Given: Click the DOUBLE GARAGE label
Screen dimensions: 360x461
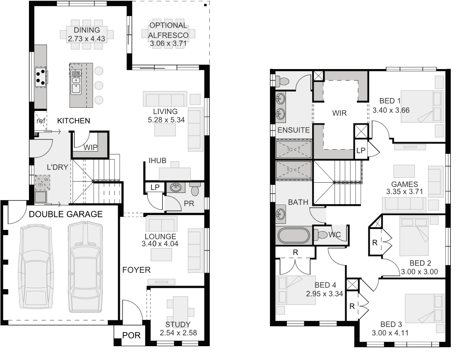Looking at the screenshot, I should (65, 214).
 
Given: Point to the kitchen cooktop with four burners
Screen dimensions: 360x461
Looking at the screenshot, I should (41, 76).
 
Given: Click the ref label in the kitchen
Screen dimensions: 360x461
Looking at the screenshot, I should (41, 121).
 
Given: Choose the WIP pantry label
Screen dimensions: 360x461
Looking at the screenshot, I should (90, 147).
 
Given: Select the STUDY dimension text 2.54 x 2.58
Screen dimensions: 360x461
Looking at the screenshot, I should (178, 332).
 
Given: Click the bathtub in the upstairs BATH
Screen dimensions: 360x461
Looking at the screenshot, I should (294, 235).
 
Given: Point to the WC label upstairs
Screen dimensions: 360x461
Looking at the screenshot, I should (335, 234).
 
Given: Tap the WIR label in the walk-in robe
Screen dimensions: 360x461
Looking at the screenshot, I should (339, 113).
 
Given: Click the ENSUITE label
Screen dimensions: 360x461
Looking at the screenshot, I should (293, 130).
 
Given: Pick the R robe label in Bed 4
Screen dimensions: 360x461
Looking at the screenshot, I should (295, 253).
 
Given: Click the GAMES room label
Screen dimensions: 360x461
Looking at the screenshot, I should (404, 184).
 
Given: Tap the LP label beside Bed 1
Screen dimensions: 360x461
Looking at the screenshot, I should (361, 151).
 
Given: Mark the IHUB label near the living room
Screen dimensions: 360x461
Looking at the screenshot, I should (158, 160).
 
